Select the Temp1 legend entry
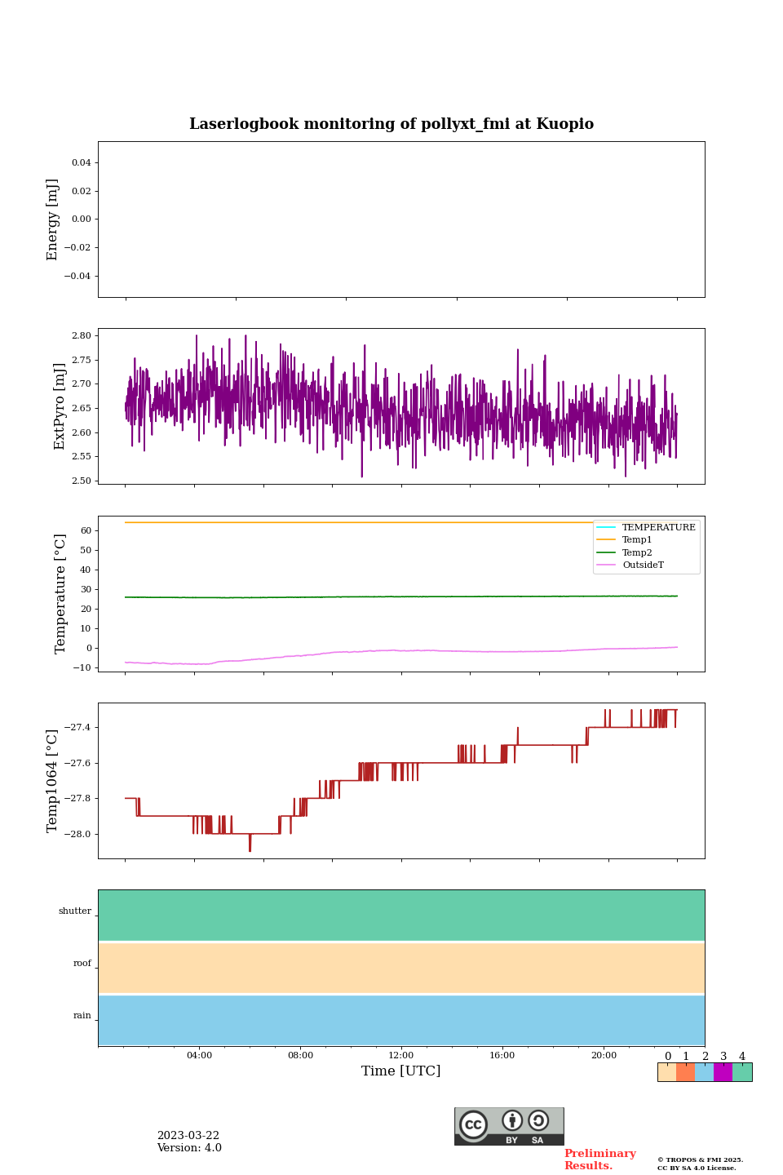(x=636, y=540)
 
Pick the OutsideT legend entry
(x=643, y=565)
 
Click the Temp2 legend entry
(x=636, y=552)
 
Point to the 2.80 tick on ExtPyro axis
(x=82, y=335)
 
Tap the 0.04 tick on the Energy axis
(x=81, y=162)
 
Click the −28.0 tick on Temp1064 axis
(x=75, y=834)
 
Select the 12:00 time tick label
(x=401, y=1055)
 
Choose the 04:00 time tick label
(x=199, y=1055)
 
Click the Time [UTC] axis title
(x=400, y=1071)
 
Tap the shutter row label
(x=75, y=911)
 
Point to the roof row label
(x=82, y=964)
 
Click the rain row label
(x=82, y=1016)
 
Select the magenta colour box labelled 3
(x=723, y=1072)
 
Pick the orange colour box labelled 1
(x=685, y=1072)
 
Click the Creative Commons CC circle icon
(x=473, y=1124)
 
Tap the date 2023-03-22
(x=188, y=1136)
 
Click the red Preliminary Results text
(x=599, y=1159)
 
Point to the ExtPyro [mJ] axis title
(x=59, y=406)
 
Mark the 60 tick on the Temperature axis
(x=86, y=530)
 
